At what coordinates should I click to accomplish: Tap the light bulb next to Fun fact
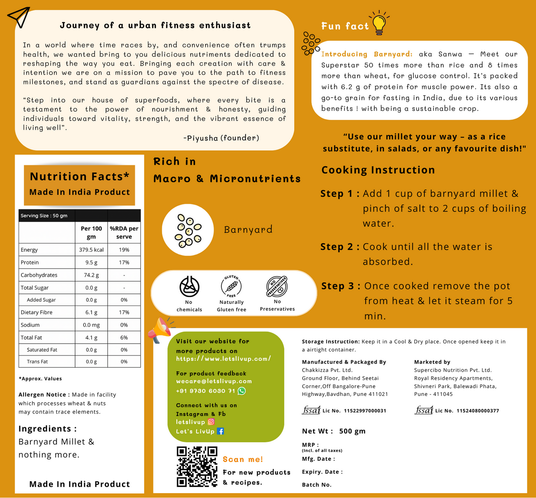pyautogui.click(x=379, y=23)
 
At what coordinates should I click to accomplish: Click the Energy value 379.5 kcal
pyautogui.click(x=91, y=250)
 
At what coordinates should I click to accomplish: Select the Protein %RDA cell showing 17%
pyautogui.click(x=124, y=262)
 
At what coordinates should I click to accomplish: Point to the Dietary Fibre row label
pyautogui.click(x=37, y=312)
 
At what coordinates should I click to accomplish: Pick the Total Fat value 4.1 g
pyautogui.click(x=91, y=338)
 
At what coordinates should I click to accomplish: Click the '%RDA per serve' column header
pyautogui.click(x=124, y=233)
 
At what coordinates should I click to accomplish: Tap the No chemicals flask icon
pyautogui.click(x=190, y=286)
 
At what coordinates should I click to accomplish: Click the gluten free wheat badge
pyautogui.click(x=231, y=286)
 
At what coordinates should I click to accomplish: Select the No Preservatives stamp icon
pyautogui.click(x=277, y=286)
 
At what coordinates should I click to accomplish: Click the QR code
pyautogui.click(x=197, y=466)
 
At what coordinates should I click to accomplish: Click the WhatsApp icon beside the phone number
pyautogui.click(x=241, y=391)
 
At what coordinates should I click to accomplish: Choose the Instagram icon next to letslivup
pyautogui.click(x=211, y=422)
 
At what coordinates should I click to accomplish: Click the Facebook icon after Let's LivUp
pyautogui.click(x=220, y=431)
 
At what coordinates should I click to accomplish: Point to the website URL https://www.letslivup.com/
pyautogui.click(x=223, y=359)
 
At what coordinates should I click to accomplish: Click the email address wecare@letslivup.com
pyautogui.click(x=214, y=381)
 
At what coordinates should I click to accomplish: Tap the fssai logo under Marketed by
pyautogui.click(x=424, y=410)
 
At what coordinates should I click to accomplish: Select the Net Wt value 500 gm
pyautogui.click(x=352, y=431)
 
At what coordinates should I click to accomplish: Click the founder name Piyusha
pyautogui.click(x=203, y=138)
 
